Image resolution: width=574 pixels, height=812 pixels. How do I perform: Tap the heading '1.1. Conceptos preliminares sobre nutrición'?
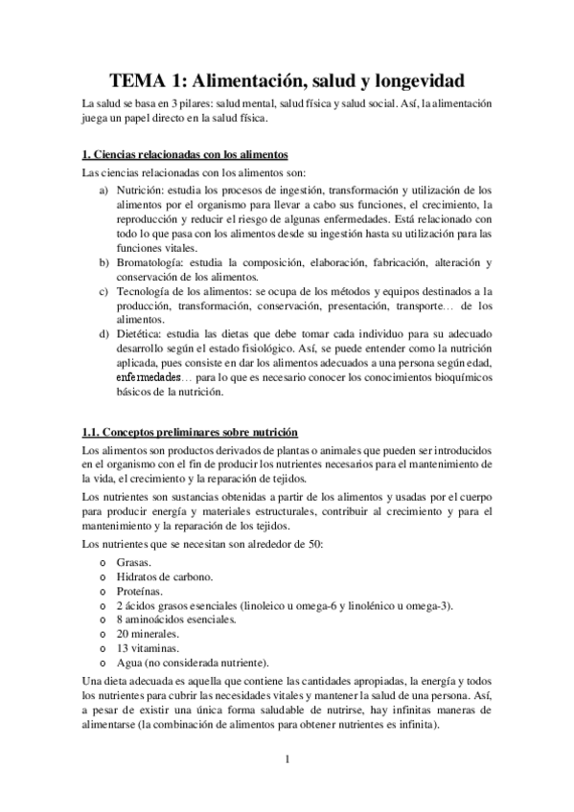pyautogui.click(x=190, y=432)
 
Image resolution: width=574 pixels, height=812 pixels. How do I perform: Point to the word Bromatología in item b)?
pyautogui.click(x=149, y=262)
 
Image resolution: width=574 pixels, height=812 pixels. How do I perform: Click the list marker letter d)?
pyautogui.click(x=103, y=334)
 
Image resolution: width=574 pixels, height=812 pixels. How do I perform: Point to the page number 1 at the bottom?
pyautogui.click(x=287, y=760)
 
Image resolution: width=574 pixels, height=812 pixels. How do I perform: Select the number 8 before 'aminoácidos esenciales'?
pyautogui.click(x=119, y=620)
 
